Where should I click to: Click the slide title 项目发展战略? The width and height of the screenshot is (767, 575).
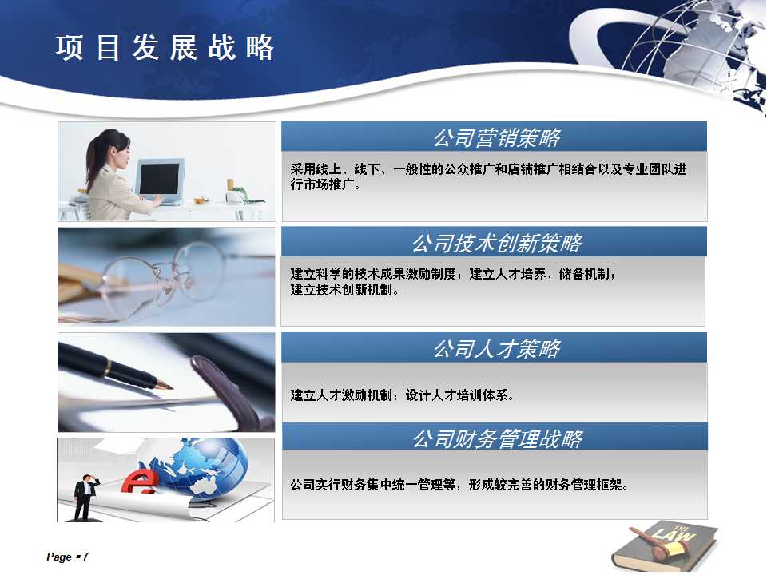165,48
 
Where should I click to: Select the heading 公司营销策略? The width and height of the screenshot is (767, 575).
497,138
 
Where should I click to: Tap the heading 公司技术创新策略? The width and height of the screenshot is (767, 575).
497,243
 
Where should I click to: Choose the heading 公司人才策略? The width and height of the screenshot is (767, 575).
497,349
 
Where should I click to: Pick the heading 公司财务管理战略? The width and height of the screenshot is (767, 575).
498,438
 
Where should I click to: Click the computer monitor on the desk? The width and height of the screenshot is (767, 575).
160,180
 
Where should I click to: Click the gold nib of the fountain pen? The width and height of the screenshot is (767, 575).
165,384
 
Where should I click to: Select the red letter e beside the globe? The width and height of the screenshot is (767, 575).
139,482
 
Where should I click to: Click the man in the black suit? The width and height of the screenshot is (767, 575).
85,498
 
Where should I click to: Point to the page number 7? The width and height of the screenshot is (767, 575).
85,557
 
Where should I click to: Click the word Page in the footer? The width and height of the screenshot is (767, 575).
59,557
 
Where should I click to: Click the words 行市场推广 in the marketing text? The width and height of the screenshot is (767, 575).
322,184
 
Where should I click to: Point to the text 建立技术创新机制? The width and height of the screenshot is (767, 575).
341,290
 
